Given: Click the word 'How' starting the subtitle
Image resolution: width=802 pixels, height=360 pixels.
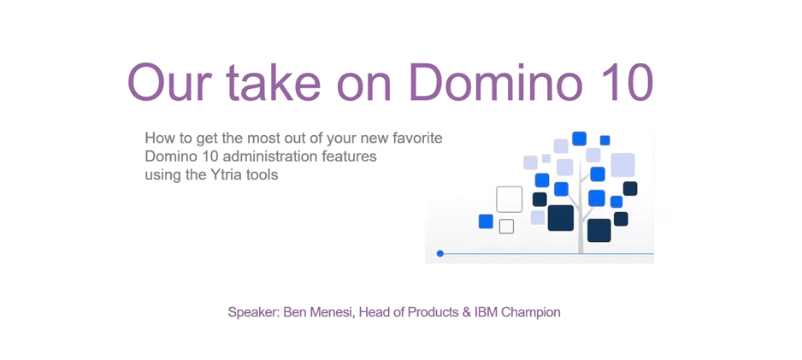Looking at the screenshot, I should tap(159, 138).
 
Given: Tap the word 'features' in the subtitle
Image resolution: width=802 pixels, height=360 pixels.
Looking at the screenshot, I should tap(349, 156).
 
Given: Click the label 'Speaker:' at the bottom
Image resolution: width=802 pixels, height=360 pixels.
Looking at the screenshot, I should tap(254, 313).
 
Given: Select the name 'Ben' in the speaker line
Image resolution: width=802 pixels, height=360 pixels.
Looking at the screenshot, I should tap(296, 313).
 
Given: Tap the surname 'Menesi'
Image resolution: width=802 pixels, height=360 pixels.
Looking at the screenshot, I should tap(332, 313).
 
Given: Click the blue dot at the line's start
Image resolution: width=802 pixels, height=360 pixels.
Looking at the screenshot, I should tap(440, 253).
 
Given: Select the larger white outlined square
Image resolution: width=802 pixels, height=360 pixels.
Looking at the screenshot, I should tap(509, 199).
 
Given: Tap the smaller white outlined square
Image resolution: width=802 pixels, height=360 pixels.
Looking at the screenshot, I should tap(506, 227).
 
